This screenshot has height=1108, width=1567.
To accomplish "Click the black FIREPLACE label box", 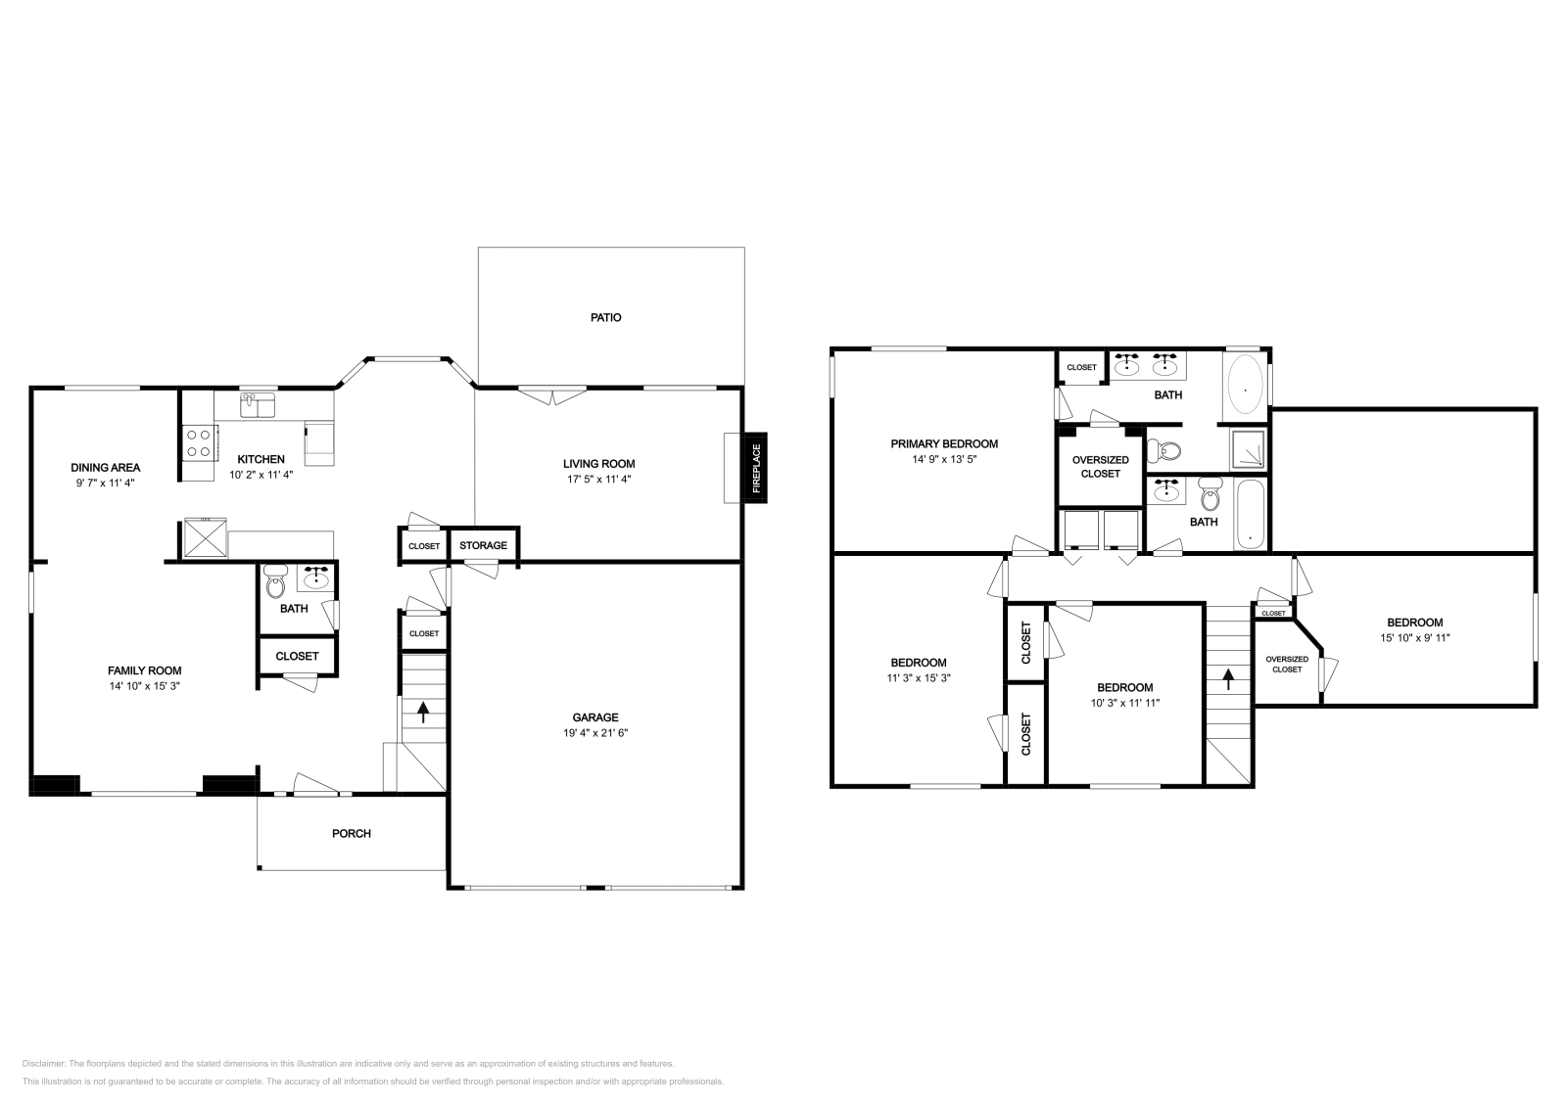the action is (x=755, y=468).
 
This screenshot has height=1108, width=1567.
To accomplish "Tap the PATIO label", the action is (x=606, y=317).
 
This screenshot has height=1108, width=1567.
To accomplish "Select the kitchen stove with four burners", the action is (x=198, y=443).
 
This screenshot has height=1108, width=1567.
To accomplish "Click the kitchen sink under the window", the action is (x=258, y=405).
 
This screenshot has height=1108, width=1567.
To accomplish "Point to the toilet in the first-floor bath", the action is (x=275, y=580).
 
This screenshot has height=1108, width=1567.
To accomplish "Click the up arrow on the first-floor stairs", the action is (x=422, y=713).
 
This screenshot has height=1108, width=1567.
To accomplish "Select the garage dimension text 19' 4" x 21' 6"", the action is (x=595, y=732).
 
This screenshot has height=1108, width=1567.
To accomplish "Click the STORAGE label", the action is (x=484, y=545).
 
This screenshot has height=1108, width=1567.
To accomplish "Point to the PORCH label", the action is (x=352, y=833).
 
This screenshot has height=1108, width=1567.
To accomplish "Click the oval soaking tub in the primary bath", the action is (x=1245, y=386).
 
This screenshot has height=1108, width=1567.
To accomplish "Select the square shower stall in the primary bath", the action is (x=1248, y=449).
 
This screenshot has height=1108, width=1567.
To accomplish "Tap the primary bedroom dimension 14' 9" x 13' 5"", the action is (x=944, y=459).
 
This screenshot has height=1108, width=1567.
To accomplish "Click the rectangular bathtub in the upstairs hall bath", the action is (x=1250, y=514).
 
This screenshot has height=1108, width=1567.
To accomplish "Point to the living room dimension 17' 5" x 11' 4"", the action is (x=598, y=479).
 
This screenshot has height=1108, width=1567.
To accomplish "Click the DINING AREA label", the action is (x=106, y=468).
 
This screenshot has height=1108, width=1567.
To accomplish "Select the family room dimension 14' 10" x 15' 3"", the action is (x=144, y=686).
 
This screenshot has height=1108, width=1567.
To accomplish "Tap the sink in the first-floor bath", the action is (x=316, y=577).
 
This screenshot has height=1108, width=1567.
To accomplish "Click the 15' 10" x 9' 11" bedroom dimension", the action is (x=1415, y=637).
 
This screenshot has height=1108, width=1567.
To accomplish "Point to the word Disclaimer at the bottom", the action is (x=43, y=1063).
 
